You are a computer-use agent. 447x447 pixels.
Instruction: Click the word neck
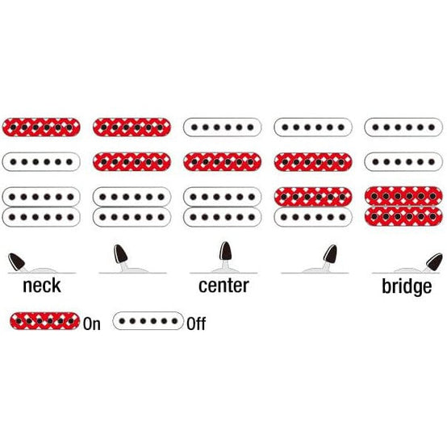(x=42, y=286)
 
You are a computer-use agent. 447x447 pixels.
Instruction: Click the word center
(x=223, y=286)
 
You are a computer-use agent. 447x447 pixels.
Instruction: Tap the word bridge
(x=407, y=286)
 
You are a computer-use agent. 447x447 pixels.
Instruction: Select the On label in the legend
(x=92, y=324)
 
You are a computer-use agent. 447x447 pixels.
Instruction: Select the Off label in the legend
(x=196, y=324)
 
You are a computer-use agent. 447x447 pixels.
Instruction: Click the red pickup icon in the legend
(x=44, y=321)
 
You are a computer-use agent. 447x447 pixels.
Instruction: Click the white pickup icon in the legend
(x=148, y=321)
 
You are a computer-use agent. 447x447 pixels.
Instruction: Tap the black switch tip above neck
(x=16, y=261)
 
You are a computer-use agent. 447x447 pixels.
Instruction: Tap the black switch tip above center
(x=225, y=251)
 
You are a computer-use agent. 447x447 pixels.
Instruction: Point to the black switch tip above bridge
(x=434, y=261)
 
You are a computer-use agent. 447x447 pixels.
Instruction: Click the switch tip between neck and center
(x=120, y=253)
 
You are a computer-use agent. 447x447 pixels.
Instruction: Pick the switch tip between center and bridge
(x=331, y=254)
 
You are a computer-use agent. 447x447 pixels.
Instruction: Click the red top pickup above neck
(x=41, y=127)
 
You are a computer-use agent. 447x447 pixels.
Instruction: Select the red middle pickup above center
(x=223, y=162)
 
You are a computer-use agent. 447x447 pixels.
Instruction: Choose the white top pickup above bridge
(x=403, y=127)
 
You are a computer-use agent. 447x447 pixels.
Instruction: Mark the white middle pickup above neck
(x=41, y=162)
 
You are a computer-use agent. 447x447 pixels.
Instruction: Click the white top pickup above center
(x=223, y=127)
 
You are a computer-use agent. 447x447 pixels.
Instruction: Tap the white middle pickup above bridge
(x=403, y=162)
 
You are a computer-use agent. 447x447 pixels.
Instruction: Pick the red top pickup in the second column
(x=132, y=127)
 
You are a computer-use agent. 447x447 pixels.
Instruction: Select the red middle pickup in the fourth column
(x=313, y=162)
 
